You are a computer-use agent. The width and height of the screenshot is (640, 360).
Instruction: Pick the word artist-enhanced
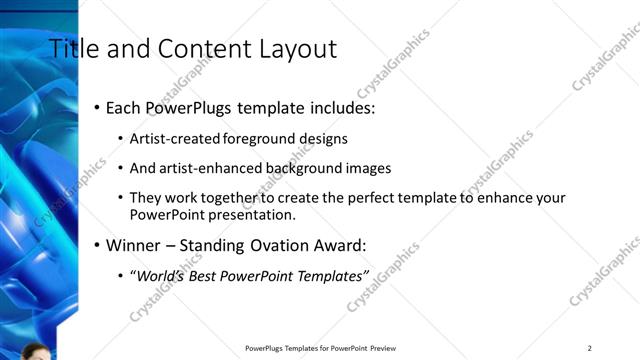[x=213, y=168]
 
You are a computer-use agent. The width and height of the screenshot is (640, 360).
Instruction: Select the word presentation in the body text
[x=254, y=214]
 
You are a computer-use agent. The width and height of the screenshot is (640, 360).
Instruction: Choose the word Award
[x=340, y=244]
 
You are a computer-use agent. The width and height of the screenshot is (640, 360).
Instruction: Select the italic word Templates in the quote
[x=333, y=275]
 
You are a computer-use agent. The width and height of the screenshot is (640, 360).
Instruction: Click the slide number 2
[x=590, y=348]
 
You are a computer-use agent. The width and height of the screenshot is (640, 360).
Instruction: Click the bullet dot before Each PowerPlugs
[x=96, y=107]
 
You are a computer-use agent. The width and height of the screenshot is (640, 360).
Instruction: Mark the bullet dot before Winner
[x=96, y=244]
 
